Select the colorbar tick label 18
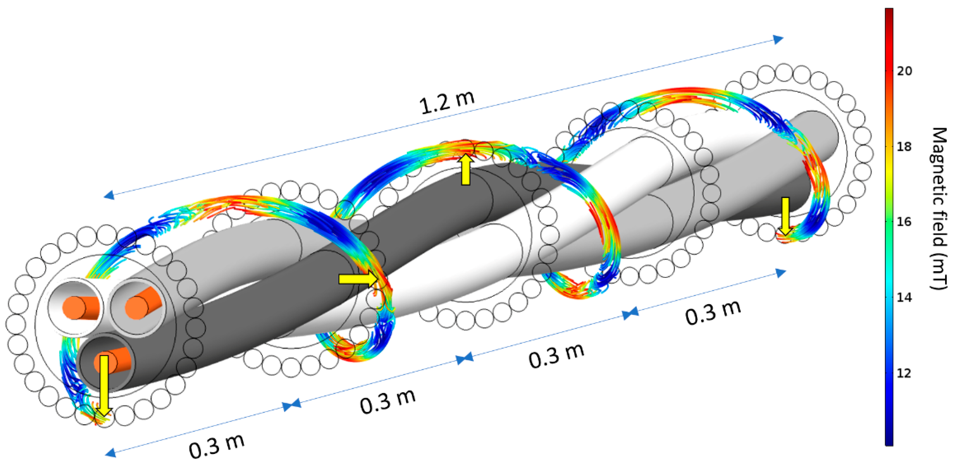click(x=904, y=146)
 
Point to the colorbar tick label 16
click(x=904, y=222)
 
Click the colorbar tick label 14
click(x=904, y=297)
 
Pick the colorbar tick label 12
click(x=904, y=373)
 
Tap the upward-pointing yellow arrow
click(x=465, y=170)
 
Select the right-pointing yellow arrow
click(x=358, y=279)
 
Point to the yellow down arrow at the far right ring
click(x=785, y=216)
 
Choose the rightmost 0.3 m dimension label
click(x=713, y=313)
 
